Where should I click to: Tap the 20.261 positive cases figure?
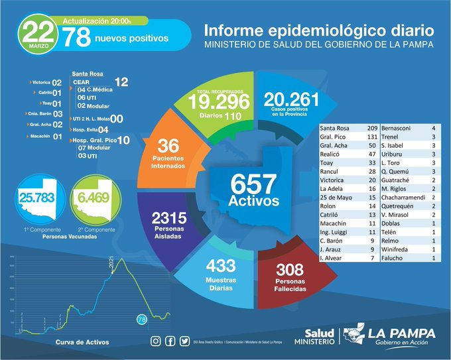click(x=291, y=99)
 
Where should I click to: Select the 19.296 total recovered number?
click(x=219, y=101)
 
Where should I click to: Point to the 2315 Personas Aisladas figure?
click(x=166, y=217)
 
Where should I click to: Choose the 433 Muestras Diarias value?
click(x=220, y=266)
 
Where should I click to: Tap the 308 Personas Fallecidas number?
click(x=289, y=270)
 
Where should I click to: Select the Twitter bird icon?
click(x=182, y=341)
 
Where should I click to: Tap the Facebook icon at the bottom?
click(x=169, y=341)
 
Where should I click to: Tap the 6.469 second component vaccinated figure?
click(x=92, y=198)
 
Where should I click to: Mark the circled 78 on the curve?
click(x=141, y=320)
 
